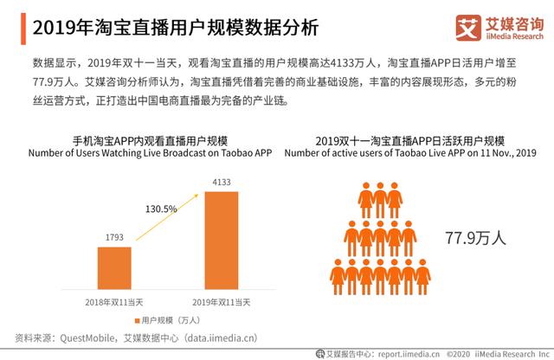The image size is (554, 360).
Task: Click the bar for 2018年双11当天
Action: (x=114, y=270)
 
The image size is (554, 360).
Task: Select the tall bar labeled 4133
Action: (x=221, y=242)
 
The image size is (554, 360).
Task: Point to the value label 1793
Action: (x=114, y=236)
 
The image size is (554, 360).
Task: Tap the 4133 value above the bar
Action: (x=221, y=181)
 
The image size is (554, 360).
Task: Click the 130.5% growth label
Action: (x=162, y=209)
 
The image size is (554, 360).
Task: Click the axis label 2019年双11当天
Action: (x=221, y=301)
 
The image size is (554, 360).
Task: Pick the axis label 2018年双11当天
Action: (x=114, y=301)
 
